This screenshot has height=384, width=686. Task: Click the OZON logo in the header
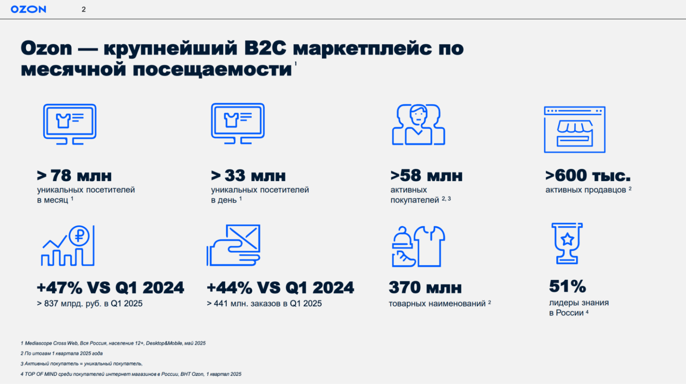29,9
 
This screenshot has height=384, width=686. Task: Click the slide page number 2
84,9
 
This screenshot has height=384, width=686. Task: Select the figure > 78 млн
74,176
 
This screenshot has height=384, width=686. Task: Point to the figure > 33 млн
248,176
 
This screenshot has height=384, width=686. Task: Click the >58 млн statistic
426,176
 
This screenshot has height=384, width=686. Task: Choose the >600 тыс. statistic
588,175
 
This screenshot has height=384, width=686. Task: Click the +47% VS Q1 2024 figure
110,287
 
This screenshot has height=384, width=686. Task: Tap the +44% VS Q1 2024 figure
280,287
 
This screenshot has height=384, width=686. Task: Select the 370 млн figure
425,287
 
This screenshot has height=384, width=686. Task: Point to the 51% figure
567,286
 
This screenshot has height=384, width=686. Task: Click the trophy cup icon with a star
567,243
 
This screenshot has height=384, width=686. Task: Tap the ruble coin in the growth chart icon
79,236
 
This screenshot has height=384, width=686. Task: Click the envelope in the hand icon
243,237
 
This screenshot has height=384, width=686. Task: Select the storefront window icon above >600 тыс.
575,129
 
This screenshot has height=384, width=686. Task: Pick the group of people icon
418,124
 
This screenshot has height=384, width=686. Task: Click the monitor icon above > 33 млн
238,124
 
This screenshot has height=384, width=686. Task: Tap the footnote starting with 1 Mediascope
113,343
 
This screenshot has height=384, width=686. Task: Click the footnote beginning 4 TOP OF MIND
131,374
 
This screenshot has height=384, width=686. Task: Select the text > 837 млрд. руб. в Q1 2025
90,304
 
